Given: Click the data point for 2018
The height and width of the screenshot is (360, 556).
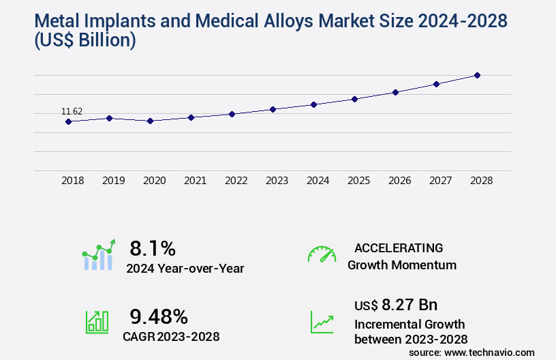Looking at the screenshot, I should click(68, 121).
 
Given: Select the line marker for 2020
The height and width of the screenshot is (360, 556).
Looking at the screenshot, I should click(150, 121).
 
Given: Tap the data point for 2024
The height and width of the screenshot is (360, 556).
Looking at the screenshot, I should click(313, 104).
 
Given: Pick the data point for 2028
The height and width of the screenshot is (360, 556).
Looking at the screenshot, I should click(477, 75).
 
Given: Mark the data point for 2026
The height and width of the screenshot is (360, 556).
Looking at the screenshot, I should click(395, 92).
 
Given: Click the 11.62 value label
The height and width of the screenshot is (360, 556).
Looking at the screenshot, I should click(72, 111).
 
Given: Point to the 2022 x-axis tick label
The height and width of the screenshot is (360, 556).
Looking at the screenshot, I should click(236, 181).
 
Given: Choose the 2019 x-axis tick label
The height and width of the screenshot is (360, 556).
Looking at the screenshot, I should click(113, 181).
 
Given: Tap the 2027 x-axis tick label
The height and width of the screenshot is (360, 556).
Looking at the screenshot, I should click(440, 181).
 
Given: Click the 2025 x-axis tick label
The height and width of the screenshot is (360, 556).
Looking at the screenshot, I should click(358, 181).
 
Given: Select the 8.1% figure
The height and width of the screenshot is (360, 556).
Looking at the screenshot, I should click(153, 247).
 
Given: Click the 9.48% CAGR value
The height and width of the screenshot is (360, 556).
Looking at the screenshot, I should click(159, 316).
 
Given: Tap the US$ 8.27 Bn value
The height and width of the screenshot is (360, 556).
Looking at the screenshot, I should click(396, 304).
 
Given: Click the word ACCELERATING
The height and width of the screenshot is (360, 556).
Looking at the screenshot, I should click(399, 247).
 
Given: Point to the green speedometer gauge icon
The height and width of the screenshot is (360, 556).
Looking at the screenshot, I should click(322, 254).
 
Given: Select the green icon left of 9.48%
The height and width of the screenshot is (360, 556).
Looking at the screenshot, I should click(97, 322).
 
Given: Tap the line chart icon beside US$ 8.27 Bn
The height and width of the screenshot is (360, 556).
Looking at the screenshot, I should click(322, 322).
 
